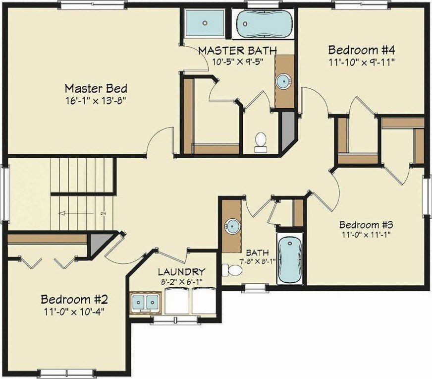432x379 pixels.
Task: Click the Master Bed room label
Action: tap(96, 89)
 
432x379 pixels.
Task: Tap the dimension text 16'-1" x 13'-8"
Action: tap(96, 101)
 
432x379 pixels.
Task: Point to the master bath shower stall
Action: tap(205, 23)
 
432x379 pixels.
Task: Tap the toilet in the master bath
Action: tap(261, 141)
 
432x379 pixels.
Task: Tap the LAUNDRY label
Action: tap(181, 272)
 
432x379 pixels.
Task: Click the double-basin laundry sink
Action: tap(146, 301)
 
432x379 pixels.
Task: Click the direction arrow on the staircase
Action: tap(63, 213)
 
